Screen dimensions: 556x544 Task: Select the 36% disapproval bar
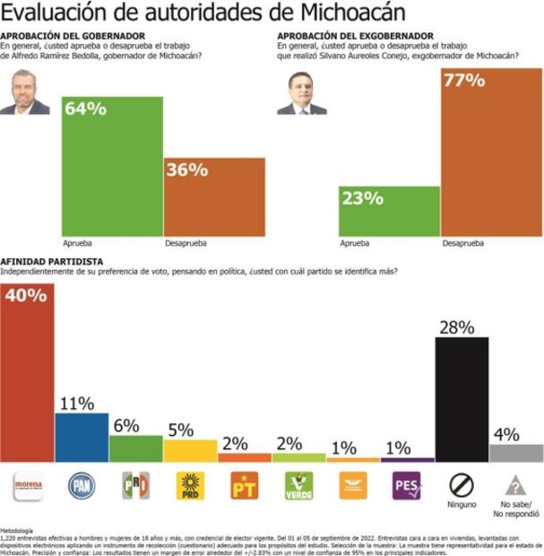pyautogui.click(x=214, y=196)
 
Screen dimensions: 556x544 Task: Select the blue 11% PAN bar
pyautogui.click(x=82, y=437)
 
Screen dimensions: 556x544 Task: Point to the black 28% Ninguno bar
pyautogui.click(x=462, y=399)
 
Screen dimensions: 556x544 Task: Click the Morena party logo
pyautogui.click(x=27, y=487)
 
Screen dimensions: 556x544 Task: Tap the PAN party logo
pyautogui.click(x=82, y=486)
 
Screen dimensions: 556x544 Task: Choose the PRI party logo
pyautogui.click(x=135, y=486)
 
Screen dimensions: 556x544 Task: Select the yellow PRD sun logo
pyautogui.click(x=190, y=486)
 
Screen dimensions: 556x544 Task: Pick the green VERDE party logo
pyautogui.click(x=298, y=486)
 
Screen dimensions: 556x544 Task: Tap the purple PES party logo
pyautogui.click(x=407, y=486)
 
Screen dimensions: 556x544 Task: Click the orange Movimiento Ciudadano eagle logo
pyautogui.click(x=352, y=486)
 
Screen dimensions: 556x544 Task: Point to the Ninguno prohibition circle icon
pyautogui.click(x=462, y=485)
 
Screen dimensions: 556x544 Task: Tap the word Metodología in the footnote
pyautogui.click(x=19, y=531)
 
